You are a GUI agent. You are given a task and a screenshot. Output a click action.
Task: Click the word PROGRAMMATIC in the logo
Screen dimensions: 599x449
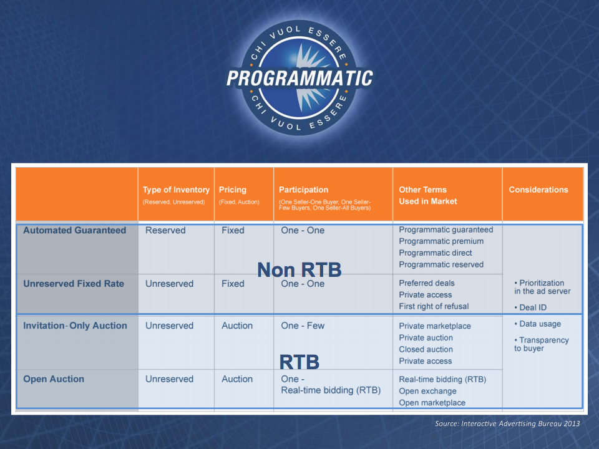tap(299, 78)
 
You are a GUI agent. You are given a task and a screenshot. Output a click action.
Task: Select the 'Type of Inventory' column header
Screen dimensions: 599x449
tap(176, 190)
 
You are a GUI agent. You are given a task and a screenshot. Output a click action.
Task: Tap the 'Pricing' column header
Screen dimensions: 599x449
tap(232, 190)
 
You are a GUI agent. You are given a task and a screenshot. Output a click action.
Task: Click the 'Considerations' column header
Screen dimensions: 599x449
tap(538, 190)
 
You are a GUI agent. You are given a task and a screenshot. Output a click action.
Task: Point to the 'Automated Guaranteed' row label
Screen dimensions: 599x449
tap(74, 230)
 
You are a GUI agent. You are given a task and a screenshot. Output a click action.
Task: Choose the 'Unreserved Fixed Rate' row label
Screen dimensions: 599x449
tap(74, 284)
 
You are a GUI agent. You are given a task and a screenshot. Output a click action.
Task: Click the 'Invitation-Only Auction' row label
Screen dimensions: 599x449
tap(75, 326)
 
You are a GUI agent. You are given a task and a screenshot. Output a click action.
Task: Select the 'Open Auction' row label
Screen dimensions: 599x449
tap(54, 379)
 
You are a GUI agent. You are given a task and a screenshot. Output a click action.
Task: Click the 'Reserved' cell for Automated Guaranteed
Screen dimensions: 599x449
tap(165, 230)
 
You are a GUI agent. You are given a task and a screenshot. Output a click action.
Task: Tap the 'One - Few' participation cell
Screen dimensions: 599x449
tap(303, 326)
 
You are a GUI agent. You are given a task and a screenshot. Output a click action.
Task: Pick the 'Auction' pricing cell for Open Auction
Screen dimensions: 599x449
tap(237, 379)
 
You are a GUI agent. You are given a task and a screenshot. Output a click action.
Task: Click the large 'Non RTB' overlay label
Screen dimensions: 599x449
tap(299, 270)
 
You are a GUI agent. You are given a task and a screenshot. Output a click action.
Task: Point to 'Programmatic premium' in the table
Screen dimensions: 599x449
tap(441, 241)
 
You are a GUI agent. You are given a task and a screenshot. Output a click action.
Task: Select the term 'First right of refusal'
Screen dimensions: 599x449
tap(434, 306)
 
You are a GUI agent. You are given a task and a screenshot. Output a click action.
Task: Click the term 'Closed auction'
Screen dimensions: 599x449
tap(426, 349)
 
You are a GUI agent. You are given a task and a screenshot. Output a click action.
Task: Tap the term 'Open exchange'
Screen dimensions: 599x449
tap(427, 391)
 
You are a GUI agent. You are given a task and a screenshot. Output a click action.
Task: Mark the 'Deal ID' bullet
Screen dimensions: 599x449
tap(530, 307)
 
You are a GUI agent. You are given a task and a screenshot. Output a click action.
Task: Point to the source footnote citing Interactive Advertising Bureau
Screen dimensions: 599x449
tap(507, 423)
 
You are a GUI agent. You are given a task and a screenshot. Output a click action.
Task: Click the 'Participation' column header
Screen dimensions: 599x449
tap(303, 190)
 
